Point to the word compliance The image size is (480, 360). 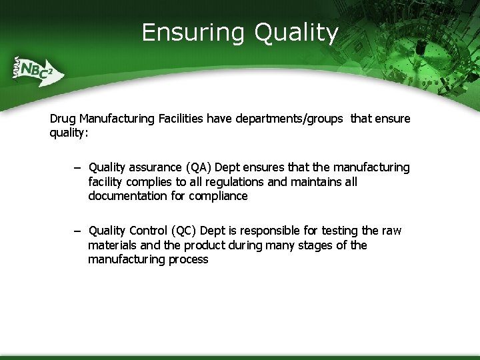(x=218, y=196)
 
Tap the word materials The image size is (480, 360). (x=113, y=245)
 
